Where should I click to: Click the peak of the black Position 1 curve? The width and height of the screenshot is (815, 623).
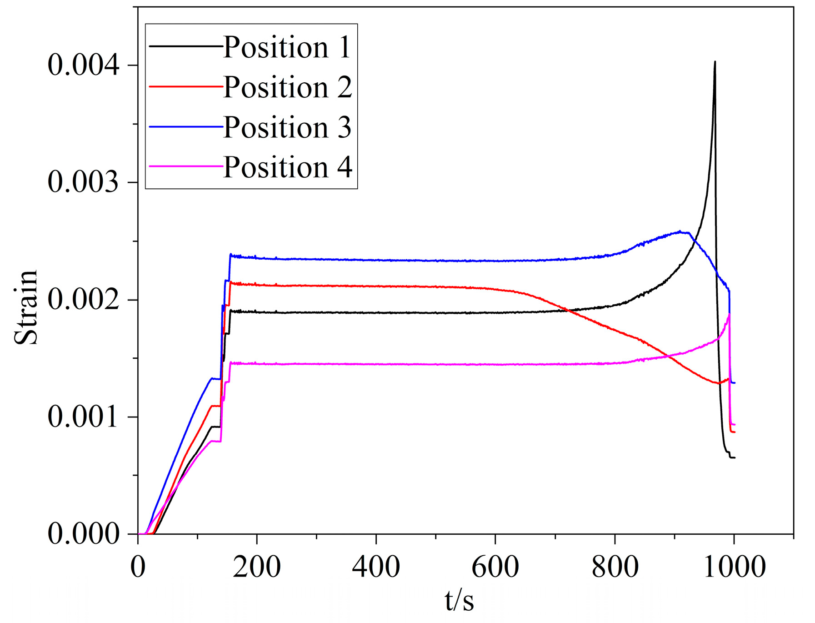[715, 62]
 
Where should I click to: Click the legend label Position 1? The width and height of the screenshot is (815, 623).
[287, 47]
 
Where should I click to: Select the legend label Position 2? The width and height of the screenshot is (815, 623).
[287, 87]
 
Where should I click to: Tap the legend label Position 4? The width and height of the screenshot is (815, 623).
[287, 167]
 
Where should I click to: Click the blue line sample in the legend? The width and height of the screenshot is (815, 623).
[186, 127]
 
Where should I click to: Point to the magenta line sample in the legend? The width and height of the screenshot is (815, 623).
[186, 167]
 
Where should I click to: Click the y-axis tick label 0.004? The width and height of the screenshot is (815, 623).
[84, 65]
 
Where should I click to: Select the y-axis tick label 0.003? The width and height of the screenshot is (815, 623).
[84, 182]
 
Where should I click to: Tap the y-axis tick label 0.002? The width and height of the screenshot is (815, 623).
[84, 300]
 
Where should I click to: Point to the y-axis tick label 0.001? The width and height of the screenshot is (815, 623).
[84, 417]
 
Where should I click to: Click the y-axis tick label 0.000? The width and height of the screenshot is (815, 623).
[84, 534]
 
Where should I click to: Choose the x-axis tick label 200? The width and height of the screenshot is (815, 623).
[257, 567]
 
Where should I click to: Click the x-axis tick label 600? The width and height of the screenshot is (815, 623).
[495, 567]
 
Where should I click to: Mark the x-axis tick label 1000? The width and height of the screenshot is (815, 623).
[734, 567]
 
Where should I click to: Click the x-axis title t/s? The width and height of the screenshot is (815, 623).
[459, 600]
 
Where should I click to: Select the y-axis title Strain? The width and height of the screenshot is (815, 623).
[26, 307]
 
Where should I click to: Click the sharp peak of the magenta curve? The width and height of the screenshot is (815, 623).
[729, 314]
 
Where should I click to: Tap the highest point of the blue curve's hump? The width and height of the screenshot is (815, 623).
[680, 231]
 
